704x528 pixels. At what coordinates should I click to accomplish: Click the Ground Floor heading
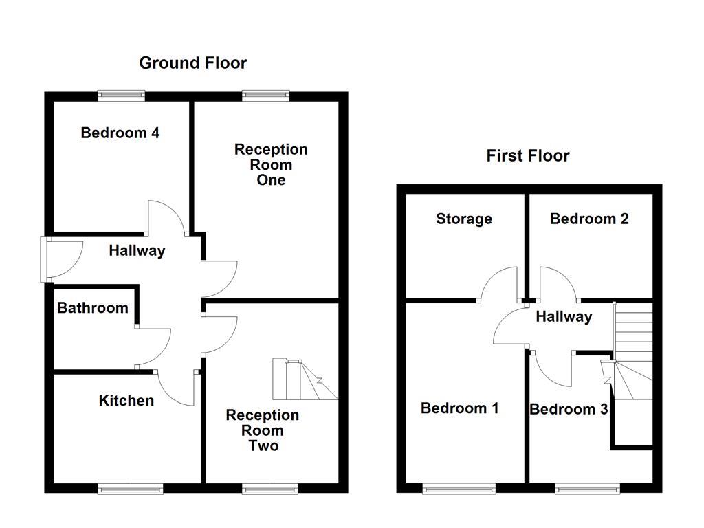192,63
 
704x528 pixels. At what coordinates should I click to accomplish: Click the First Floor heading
528,156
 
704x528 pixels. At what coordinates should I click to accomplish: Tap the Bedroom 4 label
120,133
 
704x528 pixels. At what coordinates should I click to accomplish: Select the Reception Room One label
271,165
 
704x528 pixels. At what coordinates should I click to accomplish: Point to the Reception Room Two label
263,430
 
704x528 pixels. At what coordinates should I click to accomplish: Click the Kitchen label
126,401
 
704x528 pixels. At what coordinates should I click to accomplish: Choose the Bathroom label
93,308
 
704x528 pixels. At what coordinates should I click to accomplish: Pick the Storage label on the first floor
464,219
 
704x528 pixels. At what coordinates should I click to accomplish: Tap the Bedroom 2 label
589,219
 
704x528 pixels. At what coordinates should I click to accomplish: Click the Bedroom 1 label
460,408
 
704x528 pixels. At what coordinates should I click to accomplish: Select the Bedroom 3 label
569,410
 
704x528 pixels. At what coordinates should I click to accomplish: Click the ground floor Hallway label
137,251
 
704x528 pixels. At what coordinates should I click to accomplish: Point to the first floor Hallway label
564,317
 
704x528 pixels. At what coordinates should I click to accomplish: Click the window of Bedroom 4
121,96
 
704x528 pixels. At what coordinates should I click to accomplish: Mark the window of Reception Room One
265,96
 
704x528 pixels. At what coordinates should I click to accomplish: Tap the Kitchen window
131,489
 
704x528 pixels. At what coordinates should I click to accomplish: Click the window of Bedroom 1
460,489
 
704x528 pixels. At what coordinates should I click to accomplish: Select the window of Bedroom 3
587,489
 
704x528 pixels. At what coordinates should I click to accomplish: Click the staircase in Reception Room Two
305,379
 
